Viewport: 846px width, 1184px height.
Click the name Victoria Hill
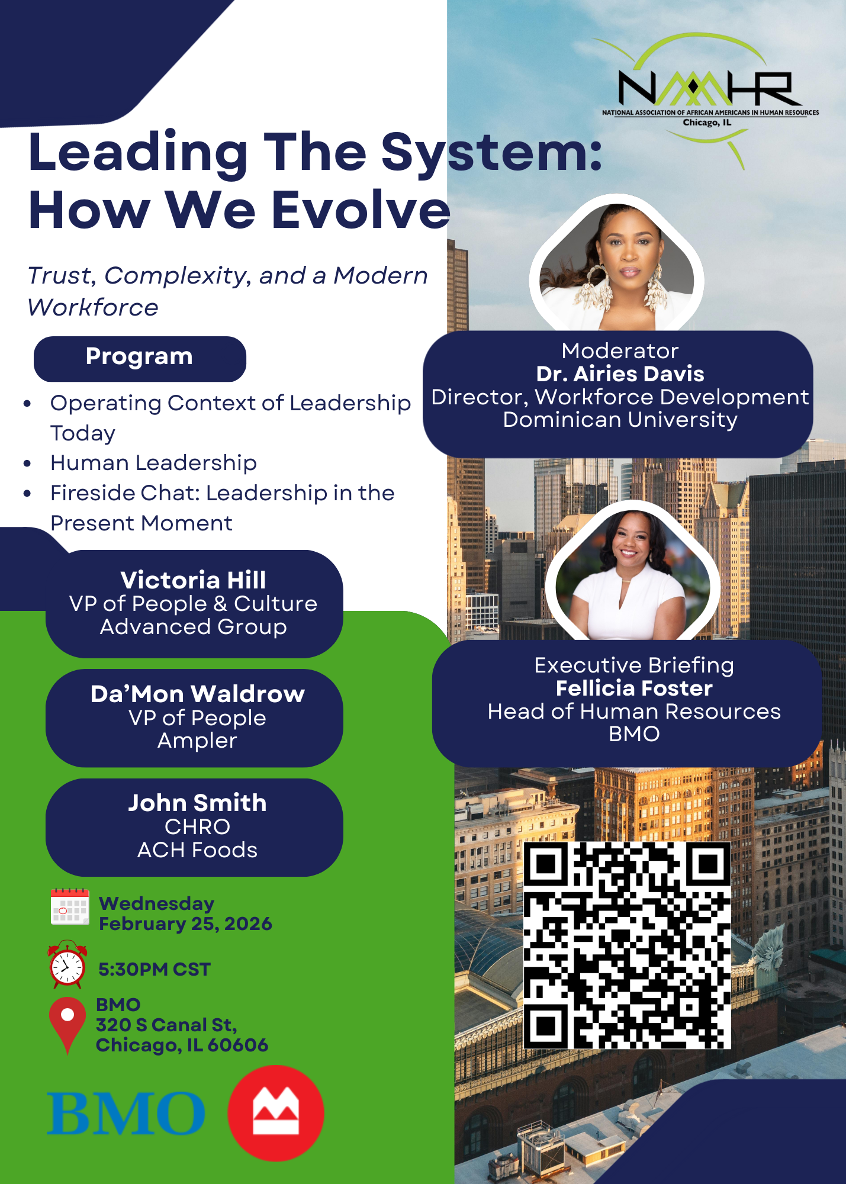pyautogui.click(x=194, y=580)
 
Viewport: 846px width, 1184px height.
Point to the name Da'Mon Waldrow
pyautogui.click(x=197, y=694)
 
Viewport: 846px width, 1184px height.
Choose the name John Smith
pyautogui.click(x=197, y=803)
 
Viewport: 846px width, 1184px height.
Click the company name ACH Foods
pyautogui.click(x=197, y=850)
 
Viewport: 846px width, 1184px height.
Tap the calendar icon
pyautogui.click(x=70, y=906)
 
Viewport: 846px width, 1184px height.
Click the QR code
pyautogui.click(x=628, y=945)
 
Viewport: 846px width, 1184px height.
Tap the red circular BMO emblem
pyautogui.click(x=276, y=1113)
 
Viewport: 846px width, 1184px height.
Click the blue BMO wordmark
pyautogui.click(x=126, y=1114)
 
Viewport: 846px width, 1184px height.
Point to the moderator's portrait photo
pyautogui.click(x=617, y=265)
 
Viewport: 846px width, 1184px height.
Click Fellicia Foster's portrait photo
pyautogui.click(x=632, y=572)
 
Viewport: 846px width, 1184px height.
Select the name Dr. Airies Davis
pyautogui.click(x=620, y=374)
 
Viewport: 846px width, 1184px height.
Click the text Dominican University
pyautogui.click(x=620, y=420)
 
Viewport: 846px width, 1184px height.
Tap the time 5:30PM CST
pyautogui.click(x=155, y=969)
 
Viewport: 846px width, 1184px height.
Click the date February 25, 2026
pyautogui.click(x=185, y=924)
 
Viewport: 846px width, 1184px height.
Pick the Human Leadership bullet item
pyautogui.click(x=153, y=463)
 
